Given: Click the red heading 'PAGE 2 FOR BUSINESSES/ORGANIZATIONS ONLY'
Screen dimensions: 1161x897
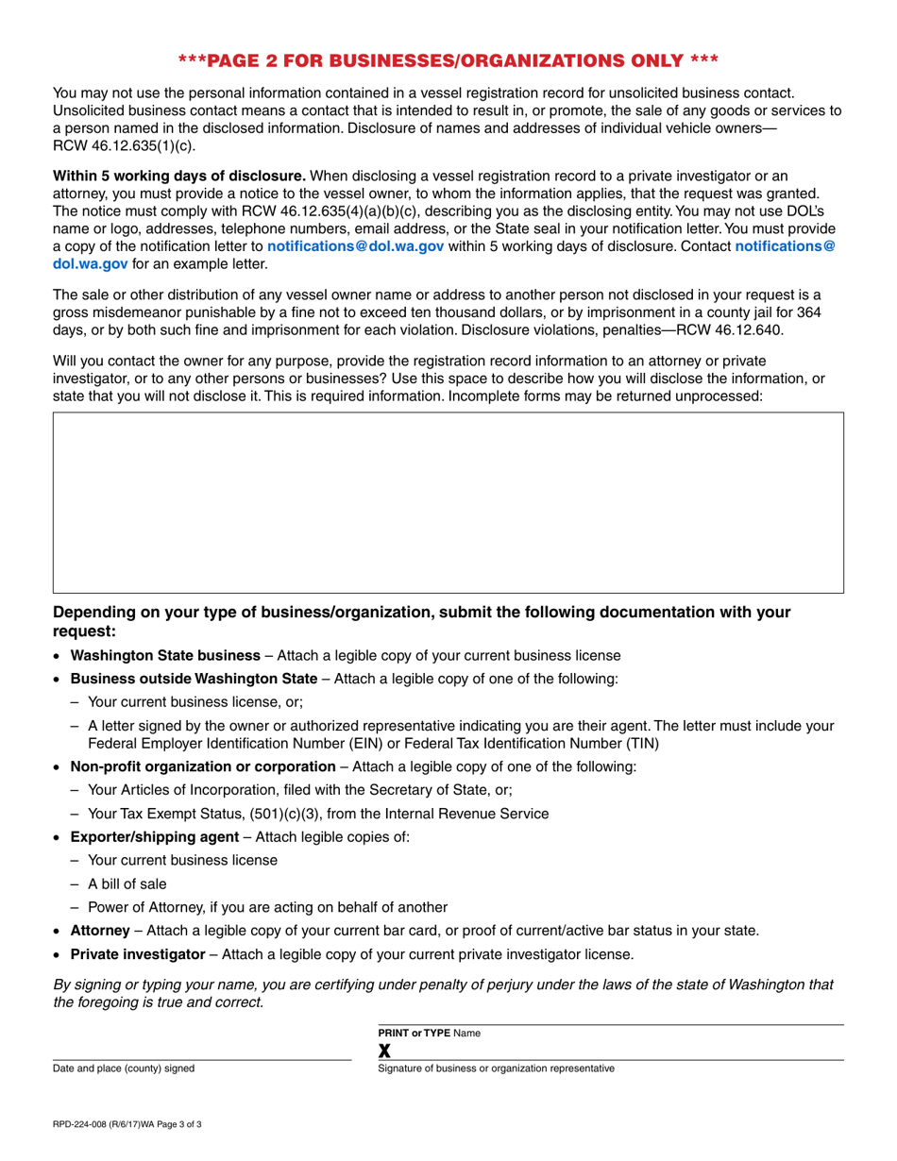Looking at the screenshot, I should pyautogui.click(x=448, y=61).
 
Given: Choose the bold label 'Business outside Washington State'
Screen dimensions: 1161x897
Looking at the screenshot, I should pyautogui.click(x=194, y=679).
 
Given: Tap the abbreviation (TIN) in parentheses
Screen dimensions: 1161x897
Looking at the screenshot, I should pyautogui.click(x=642, y=743).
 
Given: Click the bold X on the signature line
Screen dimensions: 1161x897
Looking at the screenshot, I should pyautogui.click(x=384, y=1051).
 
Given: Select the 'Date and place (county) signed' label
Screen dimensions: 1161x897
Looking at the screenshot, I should pyautogui.click(x=124, y=1068).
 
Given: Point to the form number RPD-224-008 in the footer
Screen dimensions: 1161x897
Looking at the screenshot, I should pyautogui.click(x=87, y=1124).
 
